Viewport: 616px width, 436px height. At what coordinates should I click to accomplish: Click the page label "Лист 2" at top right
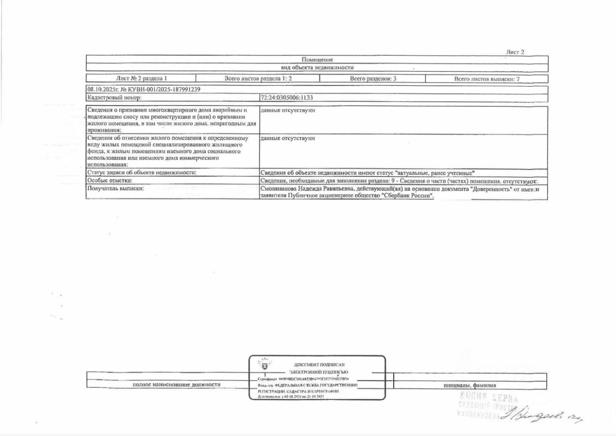(515, 52)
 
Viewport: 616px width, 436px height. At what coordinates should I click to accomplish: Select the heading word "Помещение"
(317, 60)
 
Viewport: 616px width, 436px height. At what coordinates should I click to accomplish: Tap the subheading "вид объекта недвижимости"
(317, 67)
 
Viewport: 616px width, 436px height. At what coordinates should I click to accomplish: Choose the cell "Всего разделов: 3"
(373, 79)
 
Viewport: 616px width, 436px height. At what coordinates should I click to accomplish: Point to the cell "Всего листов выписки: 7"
(487, 79)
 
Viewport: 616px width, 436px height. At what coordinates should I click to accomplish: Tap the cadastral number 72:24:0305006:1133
(286, 97)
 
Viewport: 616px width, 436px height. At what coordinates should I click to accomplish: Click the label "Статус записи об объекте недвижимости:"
(142, 172)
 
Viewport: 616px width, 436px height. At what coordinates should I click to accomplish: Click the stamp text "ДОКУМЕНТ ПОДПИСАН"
(319, 365)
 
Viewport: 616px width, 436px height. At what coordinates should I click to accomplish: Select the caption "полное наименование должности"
(176, 384)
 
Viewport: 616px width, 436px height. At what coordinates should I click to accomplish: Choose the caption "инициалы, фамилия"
(470, 385)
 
